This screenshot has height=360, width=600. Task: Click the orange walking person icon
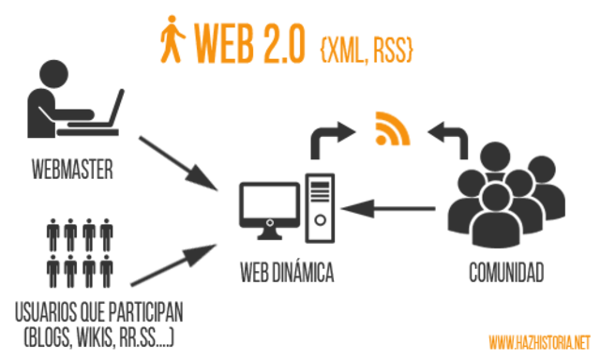pos(171,40)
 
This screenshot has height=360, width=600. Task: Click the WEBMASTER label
pos(71,171)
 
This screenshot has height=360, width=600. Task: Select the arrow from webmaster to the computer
pos(178,160)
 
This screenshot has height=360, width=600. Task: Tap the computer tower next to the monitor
pos(319,202)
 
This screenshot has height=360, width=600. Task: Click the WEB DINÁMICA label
pos(285,273)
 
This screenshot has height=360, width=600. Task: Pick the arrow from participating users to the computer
pos(174,262)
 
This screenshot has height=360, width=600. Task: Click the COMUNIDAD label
pos(506,273)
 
